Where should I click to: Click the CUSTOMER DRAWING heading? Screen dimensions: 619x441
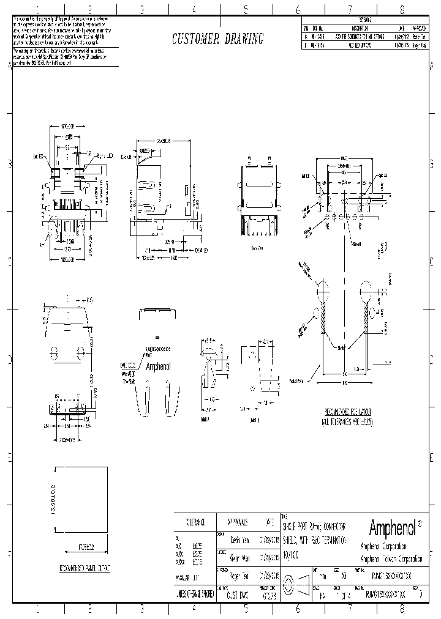217,39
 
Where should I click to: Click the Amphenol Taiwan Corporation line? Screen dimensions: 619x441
391,558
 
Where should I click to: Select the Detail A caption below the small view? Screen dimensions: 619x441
205,419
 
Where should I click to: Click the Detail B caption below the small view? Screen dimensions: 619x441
254,420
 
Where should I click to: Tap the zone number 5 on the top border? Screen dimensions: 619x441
246,9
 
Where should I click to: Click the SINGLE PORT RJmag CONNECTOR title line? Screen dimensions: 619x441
314,527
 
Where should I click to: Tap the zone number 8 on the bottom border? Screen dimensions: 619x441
402,609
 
